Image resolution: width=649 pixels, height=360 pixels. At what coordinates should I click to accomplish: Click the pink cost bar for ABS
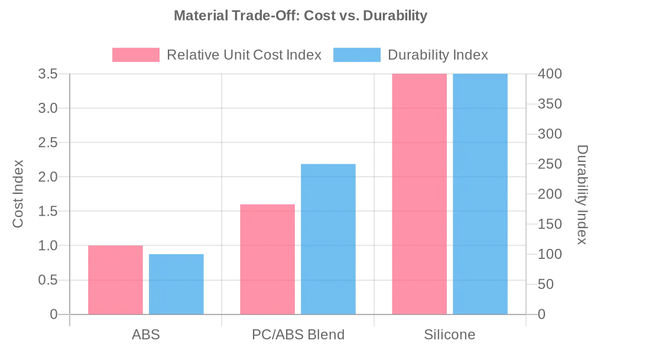coord(115,280)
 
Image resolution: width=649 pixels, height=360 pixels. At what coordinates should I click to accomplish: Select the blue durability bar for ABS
coord(176,284)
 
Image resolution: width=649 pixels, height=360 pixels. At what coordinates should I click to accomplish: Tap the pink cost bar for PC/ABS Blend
coord(267,259)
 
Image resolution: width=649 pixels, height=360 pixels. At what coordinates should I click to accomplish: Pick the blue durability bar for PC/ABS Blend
coord(328,239)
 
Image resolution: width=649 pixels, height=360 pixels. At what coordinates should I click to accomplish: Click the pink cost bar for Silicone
coord(419,194)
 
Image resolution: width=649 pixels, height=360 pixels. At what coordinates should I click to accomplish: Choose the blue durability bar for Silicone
coord(480,194)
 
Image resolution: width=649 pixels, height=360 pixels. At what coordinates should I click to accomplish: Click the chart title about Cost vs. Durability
coord(300,16)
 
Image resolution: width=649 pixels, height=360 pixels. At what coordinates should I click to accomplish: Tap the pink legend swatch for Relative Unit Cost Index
coord(136,55)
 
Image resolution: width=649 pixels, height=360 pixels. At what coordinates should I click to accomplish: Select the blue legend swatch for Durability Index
coord(357,55)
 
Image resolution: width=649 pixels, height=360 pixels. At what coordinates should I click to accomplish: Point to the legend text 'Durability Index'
coord(438,55)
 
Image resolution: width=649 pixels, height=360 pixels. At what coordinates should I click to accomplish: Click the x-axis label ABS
coord(145,335)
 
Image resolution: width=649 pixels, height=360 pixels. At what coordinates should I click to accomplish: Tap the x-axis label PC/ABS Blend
coord(298,335)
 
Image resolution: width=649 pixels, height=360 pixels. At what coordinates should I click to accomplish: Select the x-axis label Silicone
coord(449,335)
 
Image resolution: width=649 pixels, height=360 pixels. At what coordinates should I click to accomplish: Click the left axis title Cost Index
coord(18,194)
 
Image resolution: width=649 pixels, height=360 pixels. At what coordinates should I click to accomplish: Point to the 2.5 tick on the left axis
coord(48,142)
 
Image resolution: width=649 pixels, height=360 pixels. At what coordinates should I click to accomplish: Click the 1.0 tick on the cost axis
coord(48,245)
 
